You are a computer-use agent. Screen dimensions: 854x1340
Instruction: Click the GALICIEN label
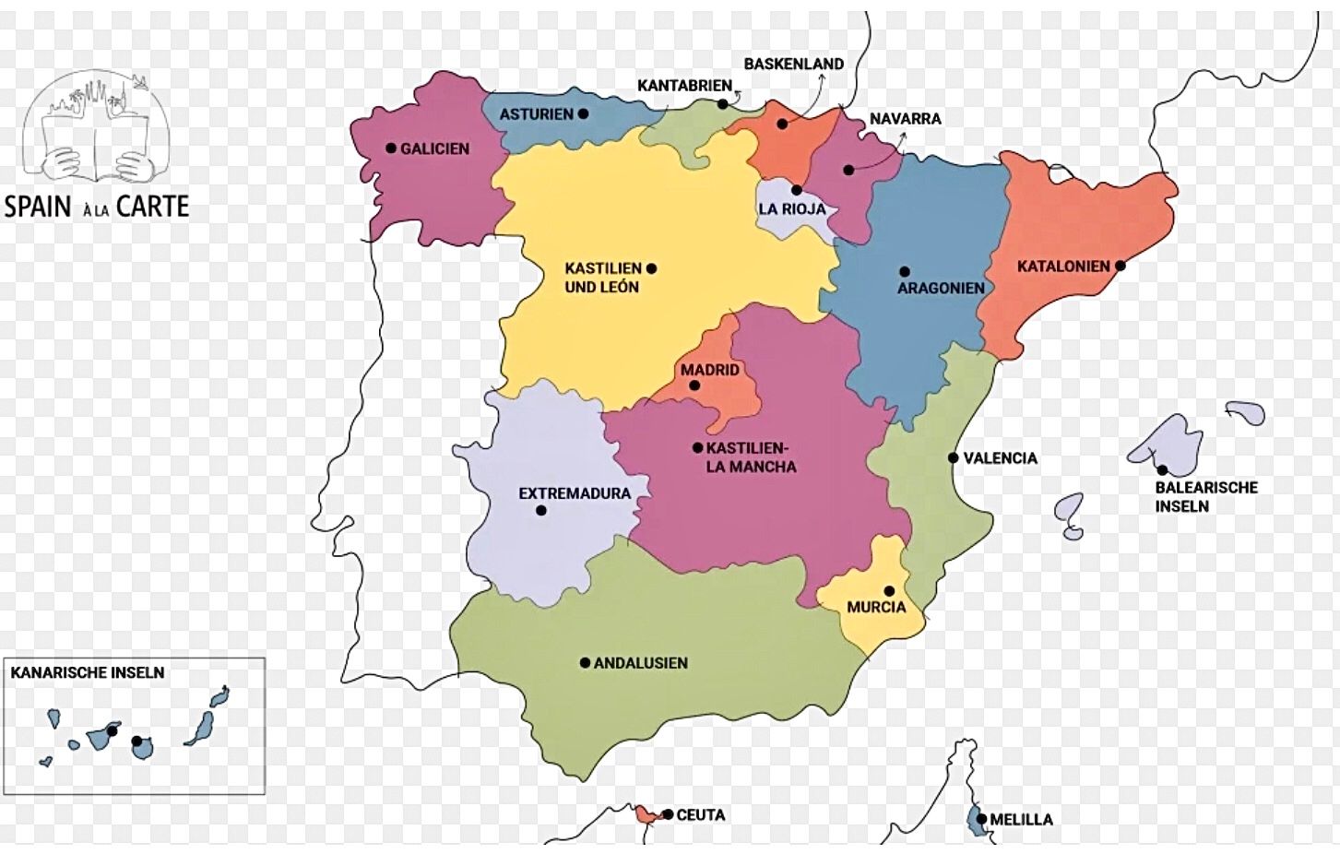tap(434, 148)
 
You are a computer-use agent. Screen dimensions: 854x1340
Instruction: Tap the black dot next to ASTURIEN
tap(583, 114)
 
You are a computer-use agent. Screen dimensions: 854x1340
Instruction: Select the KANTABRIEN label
tap(684, 86)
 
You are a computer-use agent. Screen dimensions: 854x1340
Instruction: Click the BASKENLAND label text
tap(793, 64)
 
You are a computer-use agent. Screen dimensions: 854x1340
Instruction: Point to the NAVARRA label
tap(905, 119)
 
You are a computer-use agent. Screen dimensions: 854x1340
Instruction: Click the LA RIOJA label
tap(792, 209)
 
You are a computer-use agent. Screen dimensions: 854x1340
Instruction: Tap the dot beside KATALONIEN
tap(1121, 266)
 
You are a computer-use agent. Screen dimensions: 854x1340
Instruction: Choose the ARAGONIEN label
tap(941, 288)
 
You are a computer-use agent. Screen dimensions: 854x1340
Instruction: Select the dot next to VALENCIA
tap(953, 457)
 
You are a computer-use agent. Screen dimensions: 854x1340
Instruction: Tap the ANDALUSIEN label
tap(640, 663)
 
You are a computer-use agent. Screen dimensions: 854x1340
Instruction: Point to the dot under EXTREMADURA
tap(541, 510)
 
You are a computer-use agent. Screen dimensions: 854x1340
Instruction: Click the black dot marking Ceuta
tap(667, 814)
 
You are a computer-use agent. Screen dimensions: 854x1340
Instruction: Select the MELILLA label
tap(1021, 819)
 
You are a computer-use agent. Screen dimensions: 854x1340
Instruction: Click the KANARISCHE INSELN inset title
tap(88, 673)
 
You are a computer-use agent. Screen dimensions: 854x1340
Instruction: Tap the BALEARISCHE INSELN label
tap(1205, 496)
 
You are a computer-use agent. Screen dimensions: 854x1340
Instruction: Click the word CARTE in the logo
tap(152, 206)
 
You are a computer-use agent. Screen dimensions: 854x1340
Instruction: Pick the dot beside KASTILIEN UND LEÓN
tap(651, 268)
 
